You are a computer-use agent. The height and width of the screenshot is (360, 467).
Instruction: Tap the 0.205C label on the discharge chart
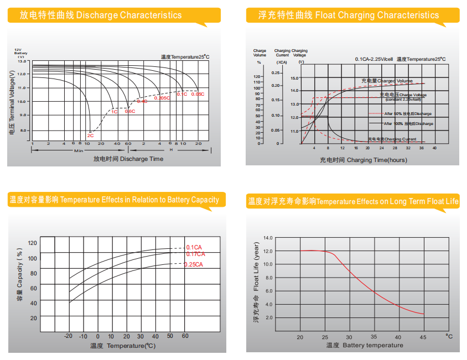pyautogui.click(x=161, y=98)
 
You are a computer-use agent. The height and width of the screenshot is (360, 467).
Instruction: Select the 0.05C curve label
pyautogui.click(x=198, y=95)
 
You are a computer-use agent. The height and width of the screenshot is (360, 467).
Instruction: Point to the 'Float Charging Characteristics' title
pyautogui.click(x=349, y=15)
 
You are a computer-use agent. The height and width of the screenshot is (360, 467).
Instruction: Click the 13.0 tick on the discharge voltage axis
pyautogui.click(x=22, y=61)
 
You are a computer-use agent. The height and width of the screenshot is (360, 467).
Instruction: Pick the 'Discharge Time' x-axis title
pyautogui.click(x=128, y=159)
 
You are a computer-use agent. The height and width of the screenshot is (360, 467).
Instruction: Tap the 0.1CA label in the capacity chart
pyautogui.click(x=194, y=247)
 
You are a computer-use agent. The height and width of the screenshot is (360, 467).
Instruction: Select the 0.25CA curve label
pyautogui.click(x=194, y=264)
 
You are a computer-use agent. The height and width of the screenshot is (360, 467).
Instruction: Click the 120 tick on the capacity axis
pyautogui.click(x=33, y=243)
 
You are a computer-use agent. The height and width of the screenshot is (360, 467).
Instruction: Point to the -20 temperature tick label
pyautogui.click(x=69, y=336)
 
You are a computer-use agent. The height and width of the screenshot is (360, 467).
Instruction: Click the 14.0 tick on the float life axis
pyautogui.click(x=268, y=238)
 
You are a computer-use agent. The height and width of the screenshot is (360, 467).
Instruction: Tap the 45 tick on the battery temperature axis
pyautogui.click(x=423, y=337)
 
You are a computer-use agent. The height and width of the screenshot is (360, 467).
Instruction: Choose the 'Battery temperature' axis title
pyautogui.click(x=365, y=346)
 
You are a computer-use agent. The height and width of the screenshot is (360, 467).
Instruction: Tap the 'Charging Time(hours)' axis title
pyautogui.click(x=363, y=160)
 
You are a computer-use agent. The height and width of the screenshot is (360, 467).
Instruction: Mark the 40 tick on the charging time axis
pyautogui.click(x=434, y=148)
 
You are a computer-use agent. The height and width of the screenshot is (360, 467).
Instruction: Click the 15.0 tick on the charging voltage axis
pyautogui.click(x=294, y=79)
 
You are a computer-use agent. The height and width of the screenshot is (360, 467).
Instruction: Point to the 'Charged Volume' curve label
pyautogui.click(x=387, y=81)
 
